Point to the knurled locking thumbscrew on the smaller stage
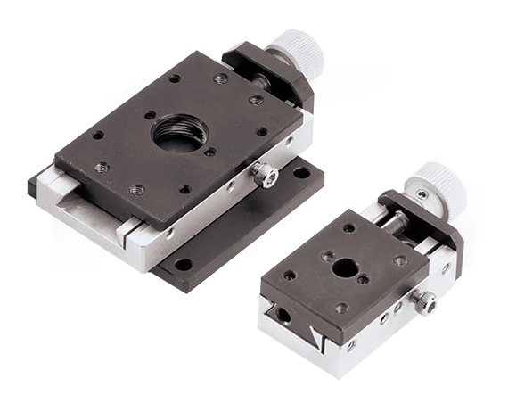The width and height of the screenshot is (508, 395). [425, 302]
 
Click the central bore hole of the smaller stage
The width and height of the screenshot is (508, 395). [345, 267]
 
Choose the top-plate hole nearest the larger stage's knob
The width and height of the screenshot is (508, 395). [257, 101]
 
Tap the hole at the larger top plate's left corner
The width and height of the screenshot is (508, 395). [97, 136]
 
